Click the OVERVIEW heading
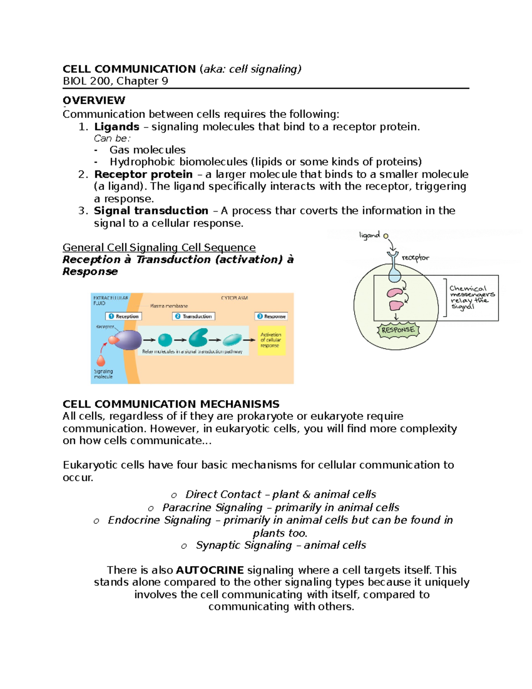[x=94, y=100]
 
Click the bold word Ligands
[x=117, y=127]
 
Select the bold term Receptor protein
[x=143, y=174]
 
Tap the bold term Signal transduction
[x=151, y=211]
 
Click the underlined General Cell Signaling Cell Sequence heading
[x=159, y=248]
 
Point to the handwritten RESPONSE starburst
[x=398, y=330]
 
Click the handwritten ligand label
[x=369, y=235]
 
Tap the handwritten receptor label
[x=415, y=258]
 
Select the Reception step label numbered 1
[x=124, y=316]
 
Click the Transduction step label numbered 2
[x=194, y=316]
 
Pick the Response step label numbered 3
[x=271, y=316]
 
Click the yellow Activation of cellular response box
[x=271, y=340]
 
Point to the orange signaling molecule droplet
[x=101, y=360]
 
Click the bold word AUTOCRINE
[x=210, y=570]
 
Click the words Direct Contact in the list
[x=223, y=495]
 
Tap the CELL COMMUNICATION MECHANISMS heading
[x=171, y=404]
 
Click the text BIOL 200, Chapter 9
[x=115, y=81]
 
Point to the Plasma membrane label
[x=169, y=306]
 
